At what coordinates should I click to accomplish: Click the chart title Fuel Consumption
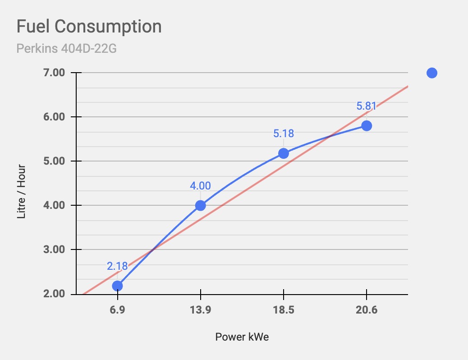89,27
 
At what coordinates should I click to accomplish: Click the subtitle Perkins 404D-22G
66,48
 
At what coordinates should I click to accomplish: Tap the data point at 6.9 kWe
117,286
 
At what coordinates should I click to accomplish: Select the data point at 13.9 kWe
201,206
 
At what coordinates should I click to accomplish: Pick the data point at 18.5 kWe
283,153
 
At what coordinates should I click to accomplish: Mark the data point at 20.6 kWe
367,126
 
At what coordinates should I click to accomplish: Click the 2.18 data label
117,266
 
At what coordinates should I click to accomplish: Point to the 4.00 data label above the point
201,186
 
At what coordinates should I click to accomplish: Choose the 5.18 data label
283,134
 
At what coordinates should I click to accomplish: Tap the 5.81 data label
366,106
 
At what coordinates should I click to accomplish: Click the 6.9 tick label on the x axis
117,310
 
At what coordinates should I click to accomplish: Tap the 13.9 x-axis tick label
200,310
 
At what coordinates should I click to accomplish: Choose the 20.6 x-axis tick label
366,310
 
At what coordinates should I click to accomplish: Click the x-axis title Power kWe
242,337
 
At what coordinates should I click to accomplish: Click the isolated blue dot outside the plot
431,73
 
